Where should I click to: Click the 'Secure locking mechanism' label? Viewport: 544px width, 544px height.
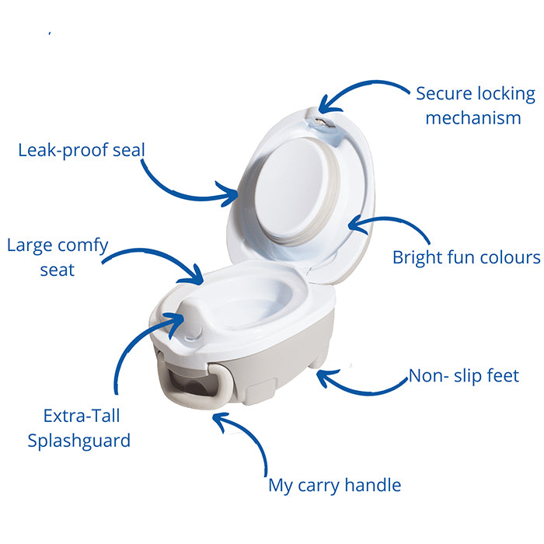tap(476, 106)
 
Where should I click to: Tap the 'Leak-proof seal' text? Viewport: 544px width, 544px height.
tap(82, 151)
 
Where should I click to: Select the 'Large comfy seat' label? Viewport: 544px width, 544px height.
tap(58, 257)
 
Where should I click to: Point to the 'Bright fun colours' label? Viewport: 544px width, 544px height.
tap(466, 258)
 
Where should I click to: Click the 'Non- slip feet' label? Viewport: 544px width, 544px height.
tap(464, 375)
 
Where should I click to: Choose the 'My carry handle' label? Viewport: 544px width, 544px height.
tap(335, 485)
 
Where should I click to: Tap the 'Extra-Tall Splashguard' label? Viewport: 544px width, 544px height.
tap(79, 428)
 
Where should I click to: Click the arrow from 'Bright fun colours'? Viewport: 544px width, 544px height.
tap(392, 218)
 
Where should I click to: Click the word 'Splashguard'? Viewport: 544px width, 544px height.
tap(79, 441)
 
